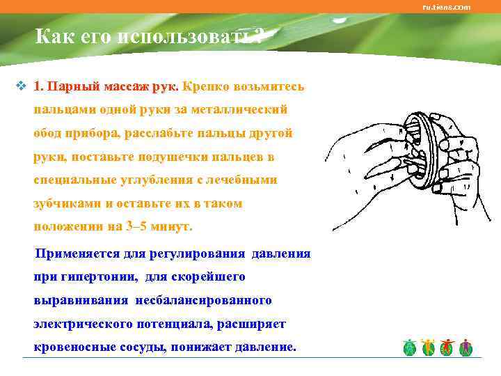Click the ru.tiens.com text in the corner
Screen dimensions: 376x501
pyautogui.click(x=447, y=7)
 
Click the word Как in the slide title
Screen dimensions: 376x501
pyautogui.click(x=52, y=36)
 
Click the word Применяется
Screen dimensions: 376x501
pyautogui.click(x=81, y=253)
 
